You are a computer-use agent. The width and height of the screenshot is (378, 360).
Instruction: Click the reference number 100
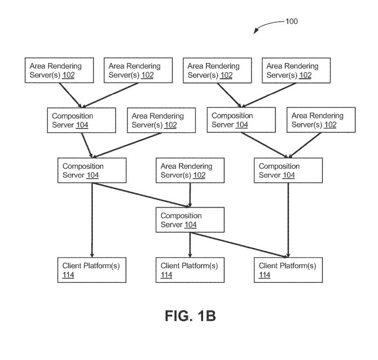pyautogui.click(x=290, y=22)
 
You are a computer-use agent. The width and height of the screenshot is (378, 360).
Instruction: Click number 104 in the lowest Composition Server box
pyautogui.click(x=190, y=225)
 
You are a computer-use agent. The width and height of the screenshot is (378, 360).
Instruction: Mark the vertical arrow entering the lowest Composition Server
pyautogui.click(x=190, y=195)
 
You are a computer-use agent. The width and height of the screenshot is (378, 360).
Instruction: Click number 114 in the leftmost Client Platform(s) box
pyautogui.click(x=68, y=275)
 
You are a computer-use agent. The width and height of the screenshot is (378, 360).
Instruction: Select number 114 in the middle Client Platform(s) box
pyautogui.click(x=166, y=275)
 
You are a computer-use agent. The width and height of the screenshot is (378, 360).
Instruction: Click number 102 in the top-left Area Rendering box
pyautogui.click(x=68, y=75)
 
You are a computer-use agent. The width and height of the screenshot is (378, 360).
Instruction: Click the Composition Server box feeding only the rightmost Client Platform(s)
pyautogui.click(x=287, y=171)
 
